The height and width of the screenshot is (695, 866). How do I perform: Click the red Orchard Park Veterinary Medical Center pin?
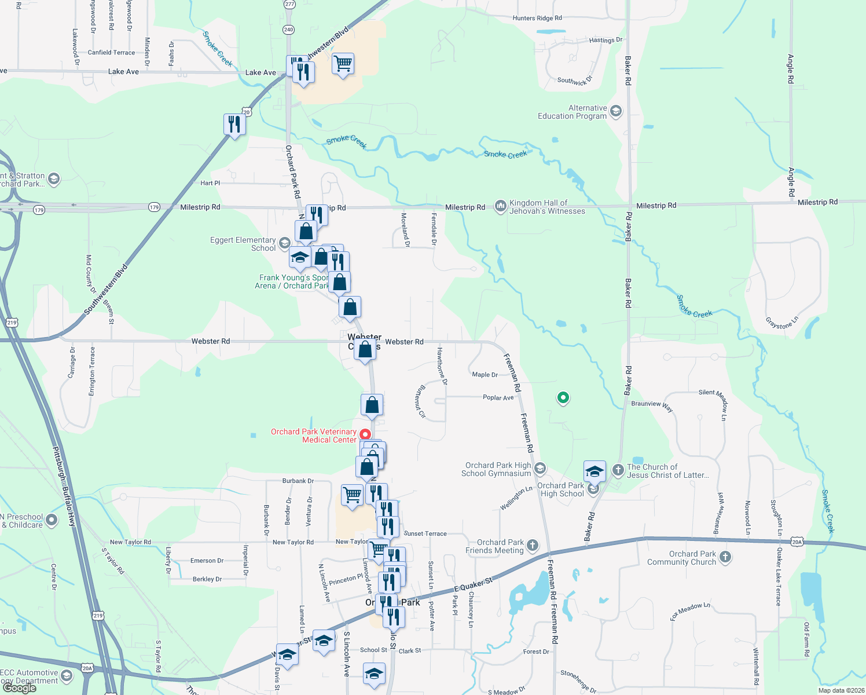click(x=365, y=434)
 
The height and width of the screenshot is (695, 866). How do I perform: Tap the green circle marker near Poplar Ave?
click(x=563, y=398)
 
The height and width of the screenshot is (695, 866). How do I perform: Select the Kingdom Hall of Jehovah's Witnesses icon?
click(x=500, y=207)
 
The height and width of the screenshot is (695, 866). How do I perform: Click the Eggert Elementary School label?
click(x=243, y=244)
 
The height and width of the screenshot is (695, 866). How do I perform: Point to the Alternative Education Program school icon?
click(x=616, y=111)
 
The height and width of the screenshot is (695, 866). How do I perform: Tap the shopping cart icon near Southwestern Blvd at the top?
click(x=343, y=64)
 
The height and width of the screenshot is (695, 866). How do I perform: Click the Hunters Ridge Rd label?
click(x=537, y=18)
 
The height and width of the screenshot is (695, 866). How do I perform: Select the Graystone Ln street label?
click(x=782, y=322)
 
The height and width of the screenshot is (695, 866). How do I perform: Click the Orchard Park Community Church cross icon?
click(x=725, y=557)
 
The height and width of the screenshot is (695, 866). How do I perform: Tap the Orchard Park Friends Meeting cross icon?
click(x=533, y=545)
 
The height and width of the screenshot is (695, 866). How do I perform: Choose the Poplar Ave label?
click(x=498, y=398)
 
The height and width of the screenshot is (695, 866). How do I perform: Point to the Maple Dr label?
click(x=485, y=375)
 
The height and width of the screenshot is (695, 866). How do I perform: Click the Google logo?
click(x=20, y=688)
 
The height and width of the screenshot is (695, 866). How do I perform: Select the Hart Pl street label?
click(x=210, y=183)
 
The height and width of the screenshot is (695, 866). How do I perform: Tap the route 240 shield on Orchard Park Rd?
click(x=289, y=30)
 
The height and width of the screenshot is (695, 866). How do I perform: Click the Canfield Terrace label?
click(x=111, y=53)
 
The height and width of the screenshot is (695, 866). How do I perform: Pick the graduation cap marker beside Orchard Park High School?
click(x=595, y=471)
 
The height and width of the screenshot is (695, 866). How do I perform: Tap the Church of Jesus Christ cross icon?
click(x=618, y=470)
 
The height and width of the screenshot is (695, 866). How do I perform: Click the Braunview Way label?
click(x=652, y=405)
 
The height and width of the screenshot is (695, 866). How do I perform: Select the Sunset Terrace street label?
click(x=425, y=533)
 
